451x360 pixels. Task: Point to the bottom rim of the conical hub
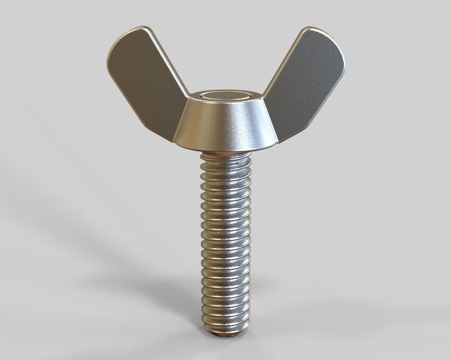tap(223, 148)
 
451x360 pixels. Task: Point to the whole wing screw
tap(224, 179)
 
